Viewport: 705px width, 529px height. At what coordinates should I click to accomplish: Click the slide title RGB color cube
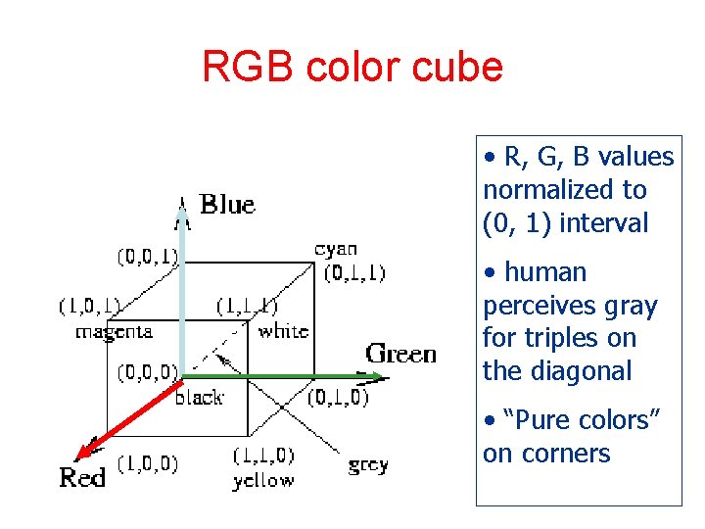click(x=352, y=67)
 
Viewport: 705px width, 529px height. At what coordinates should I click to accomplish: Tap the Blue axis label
click(x=227, y=204)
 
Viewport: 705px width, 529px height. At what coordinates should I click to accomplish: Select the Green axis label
click(x=401, y=354)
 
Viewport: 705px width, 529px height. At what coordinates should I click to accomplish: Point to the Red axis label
click(x=83, y=479)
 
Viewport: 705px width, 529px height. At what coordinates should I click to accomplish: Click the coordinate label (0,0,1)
click(x=148, y=257)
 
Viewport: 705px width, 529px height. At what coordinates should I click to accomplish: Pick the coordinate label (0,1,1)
click(x=354, y=272)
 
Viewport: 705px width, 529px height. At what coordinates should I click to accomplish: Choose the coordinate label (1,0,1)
click(x=88, y=307)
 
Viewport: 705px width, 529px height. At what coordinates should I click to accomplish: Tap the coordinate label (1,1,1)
click(x=247, y=307)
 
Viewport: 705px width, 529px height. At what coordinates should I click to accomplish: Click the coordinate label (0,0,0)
click(x=148, y=372)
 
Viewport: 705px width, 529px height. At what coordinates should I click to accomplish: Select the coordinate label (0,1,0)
click(x=338, y=397)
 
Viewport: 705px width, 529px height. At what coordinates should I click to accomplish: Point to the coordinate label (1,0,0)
click(x=148, y=463)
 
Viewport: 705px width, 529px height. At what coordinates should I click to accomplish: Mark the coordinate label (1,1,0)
click(x=263, y=457)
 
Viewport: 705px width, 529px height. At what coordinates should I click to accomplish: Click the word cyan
click(x=336, y=249)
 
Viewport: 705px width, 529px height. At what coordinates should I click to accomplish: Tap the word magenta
click(x=114, y=331)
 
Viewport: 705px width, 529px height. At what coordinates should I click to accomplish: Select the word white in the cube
click(x=283, y=331)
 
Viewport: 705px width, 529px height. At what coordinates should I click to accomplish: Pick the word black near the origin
click(x=199, y=397)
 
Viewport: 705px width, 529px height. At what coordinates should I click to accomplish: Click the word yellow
click(x=262, y=480)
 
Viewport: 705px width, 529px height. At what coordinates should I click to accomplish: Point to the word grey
click(x=368, y=464)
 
